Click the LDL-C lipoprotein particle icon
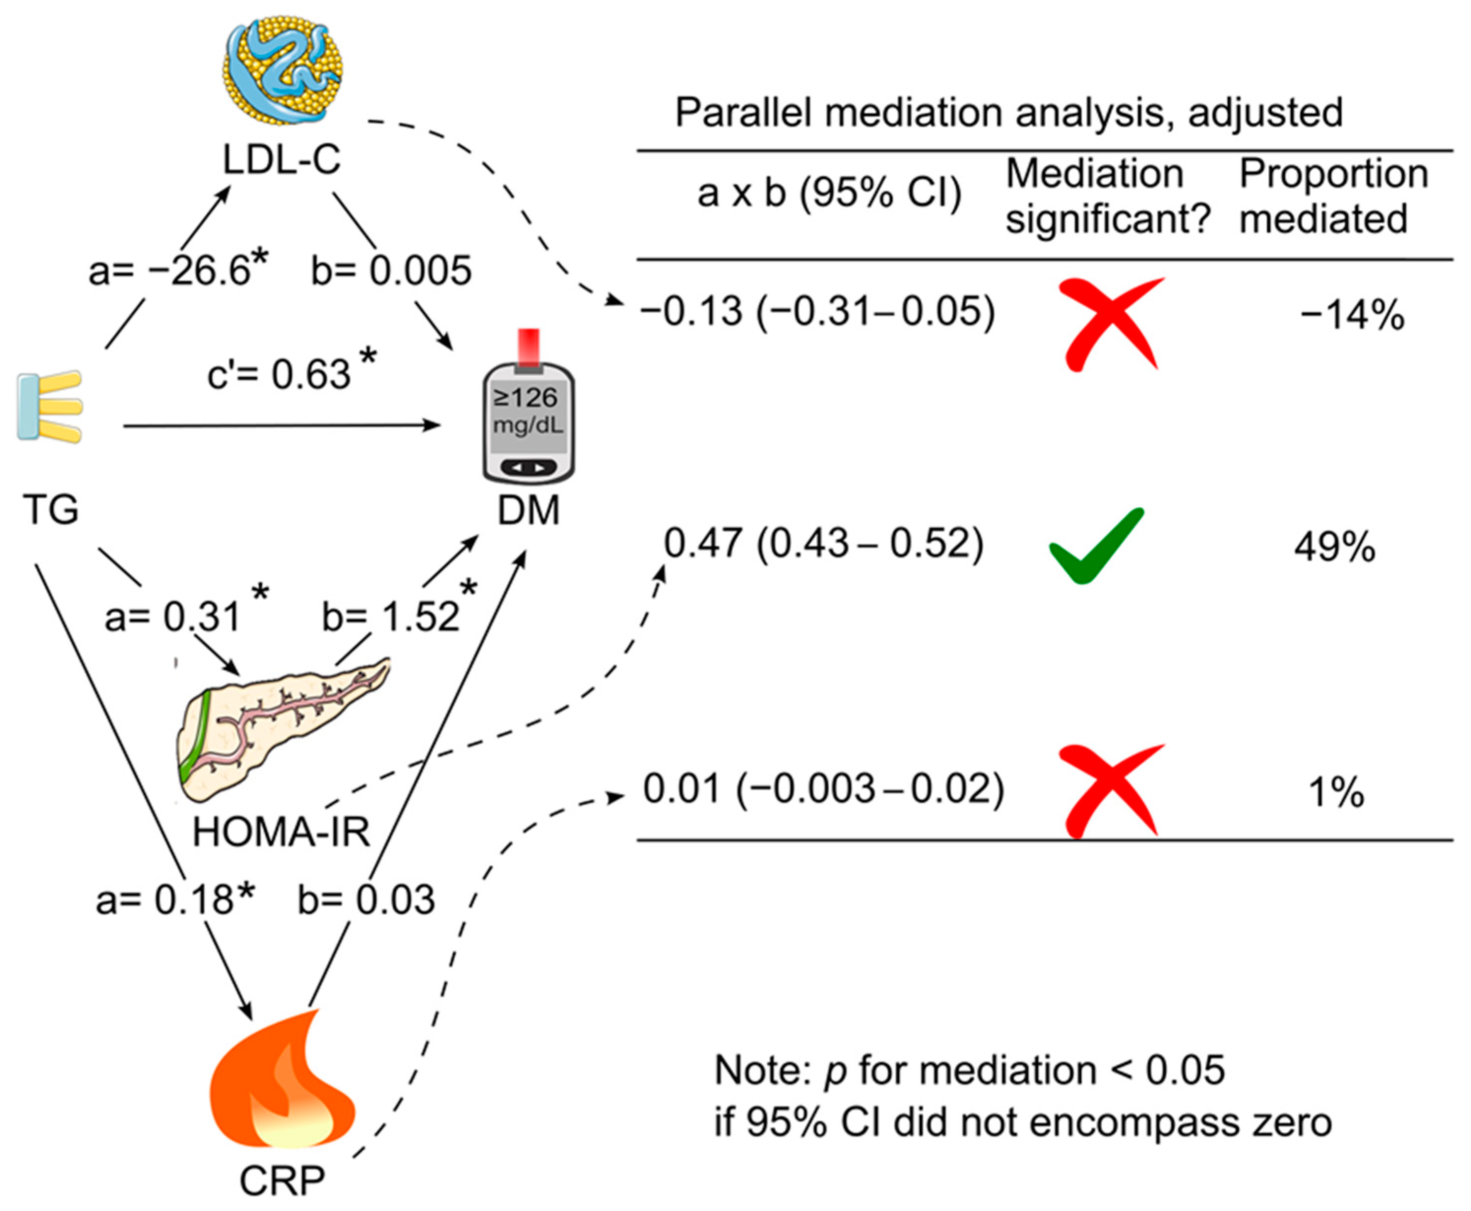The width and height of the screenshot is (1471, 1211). (x=282, y=70)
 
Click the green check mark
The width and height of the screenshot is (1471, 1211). (x=1096, y=544)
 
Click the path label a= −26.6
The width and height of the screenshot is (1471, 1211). (x=178, y=271)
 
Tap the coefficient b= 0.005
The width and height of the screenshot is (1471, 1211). (x=391, y=271)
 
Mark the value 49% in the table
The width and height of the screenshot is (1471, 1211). (x=1334, y=548)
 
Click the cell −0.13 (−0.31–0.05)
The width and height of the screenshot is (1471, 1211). (x=817, y=311)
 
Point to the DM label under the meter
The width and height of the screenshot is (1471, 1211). (x=528, y=511)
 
